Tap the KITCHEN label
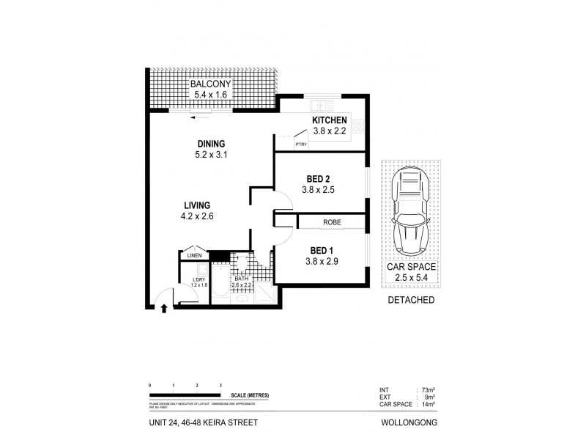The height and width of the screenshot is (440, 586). pyautogui.click(x=329, y=120)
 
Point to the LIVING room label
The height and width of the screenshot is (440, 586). pyautogui.click(x=198, y=205)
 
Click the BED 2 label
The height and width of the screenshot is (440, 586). pyautogui.click(x=319, y=177)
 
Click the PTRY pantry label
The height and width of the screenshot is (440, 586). pyautogui.click(x=300, y=144)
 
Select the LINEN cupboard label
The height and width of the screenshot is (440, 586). pyautogui.click(x=194, y=256)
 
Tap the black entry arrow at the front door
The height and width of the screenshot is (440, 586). pyautogui.click(x=163, y=309)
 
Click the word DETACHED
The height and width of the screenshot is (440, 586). pyautogui.click(x=409, y=301)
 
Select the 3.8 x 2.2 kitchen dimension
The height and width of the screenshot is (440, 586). pyautogui.click(x=329, y=131)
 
